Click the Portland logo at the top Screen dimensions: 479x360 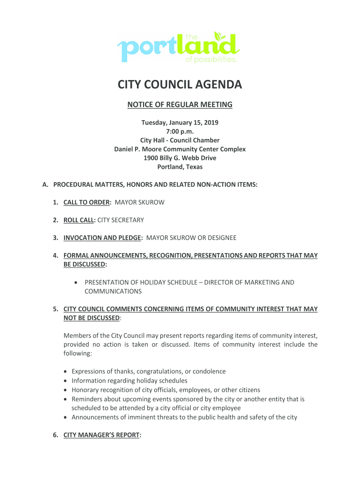pyautogui.click(x=179, y=47)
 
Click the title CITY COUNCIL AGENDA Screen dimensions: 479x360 pyautogui.click(x=180, y=85)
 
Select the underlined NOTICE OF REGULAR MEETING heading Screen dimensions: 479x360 pyautogui.click(x=180, y=105)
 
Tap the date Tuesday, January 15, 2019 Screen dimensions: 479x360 pyautogui.click(x=180, y=123)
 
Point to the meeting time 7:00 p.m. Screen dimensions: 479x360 pyautogui.click(x=180, y=131)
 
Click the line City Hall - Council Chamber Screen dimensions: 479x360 pyautogui.click(x=180, y=140)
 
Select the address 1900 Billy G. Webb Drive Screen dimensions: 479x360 pyautogui.click(x=180, y=158)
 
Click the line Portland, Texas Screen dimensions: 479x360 pyautogui.click(x=180, y=167)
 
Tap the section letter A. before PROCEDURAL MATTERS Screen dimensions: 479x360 pyautogui.click(x=45, y=185)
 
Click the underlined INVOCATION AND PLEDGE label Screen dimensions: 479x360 pyautogui.click(x=102, y=238)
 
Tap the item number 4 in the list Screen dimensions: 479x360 pyautogui.click(x=55, y=256)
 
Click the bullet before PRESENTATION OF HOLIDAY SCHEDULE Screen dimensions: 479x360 pyautogui.click(x=76, y=283)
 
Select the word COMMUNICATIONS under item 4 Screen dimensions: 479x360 pyautogui.click(x=113, y=291)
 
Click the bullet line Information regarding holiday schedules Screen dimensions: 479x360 pyautogui.click(x=130, y=381)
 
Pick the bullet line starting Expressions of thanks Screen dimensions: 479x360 pyautogui.click(x=148, y=371)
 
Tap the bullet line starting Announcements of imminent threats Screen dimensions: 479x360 pyautogui.click(x=184, y=417)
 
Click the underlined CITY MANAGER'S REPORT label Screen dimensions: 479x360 pyautogui.click(x=101, y=435)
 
